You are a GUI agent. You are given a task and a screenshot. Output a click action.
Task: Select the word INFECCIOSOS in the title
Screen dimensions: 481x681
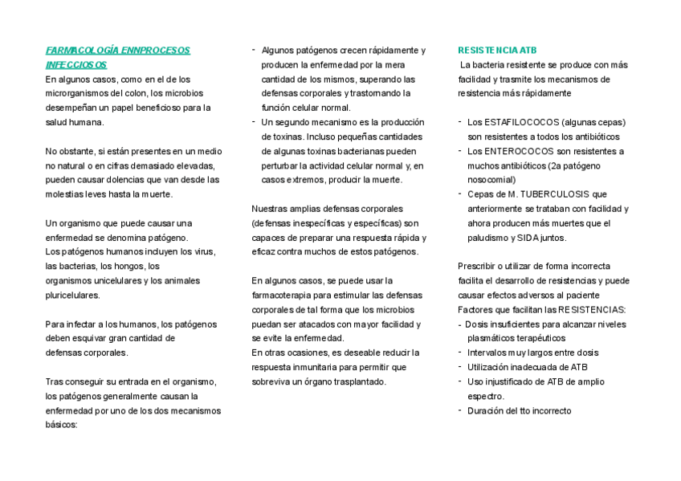(76, 64)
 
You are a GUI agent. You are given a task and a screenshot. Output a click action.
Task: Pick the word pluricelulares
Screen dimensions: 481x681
(73, 296)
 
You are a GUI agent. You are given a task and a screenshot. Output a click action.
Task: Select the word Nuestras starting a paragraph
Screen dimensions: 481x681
(271, 209)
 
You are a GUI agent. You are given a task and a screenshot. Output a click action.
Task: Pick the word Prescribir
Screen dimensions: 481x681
(477, 267)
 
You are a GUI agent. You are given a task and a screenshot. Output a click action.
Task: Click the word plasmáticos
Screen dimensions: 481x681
(495, 339)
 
